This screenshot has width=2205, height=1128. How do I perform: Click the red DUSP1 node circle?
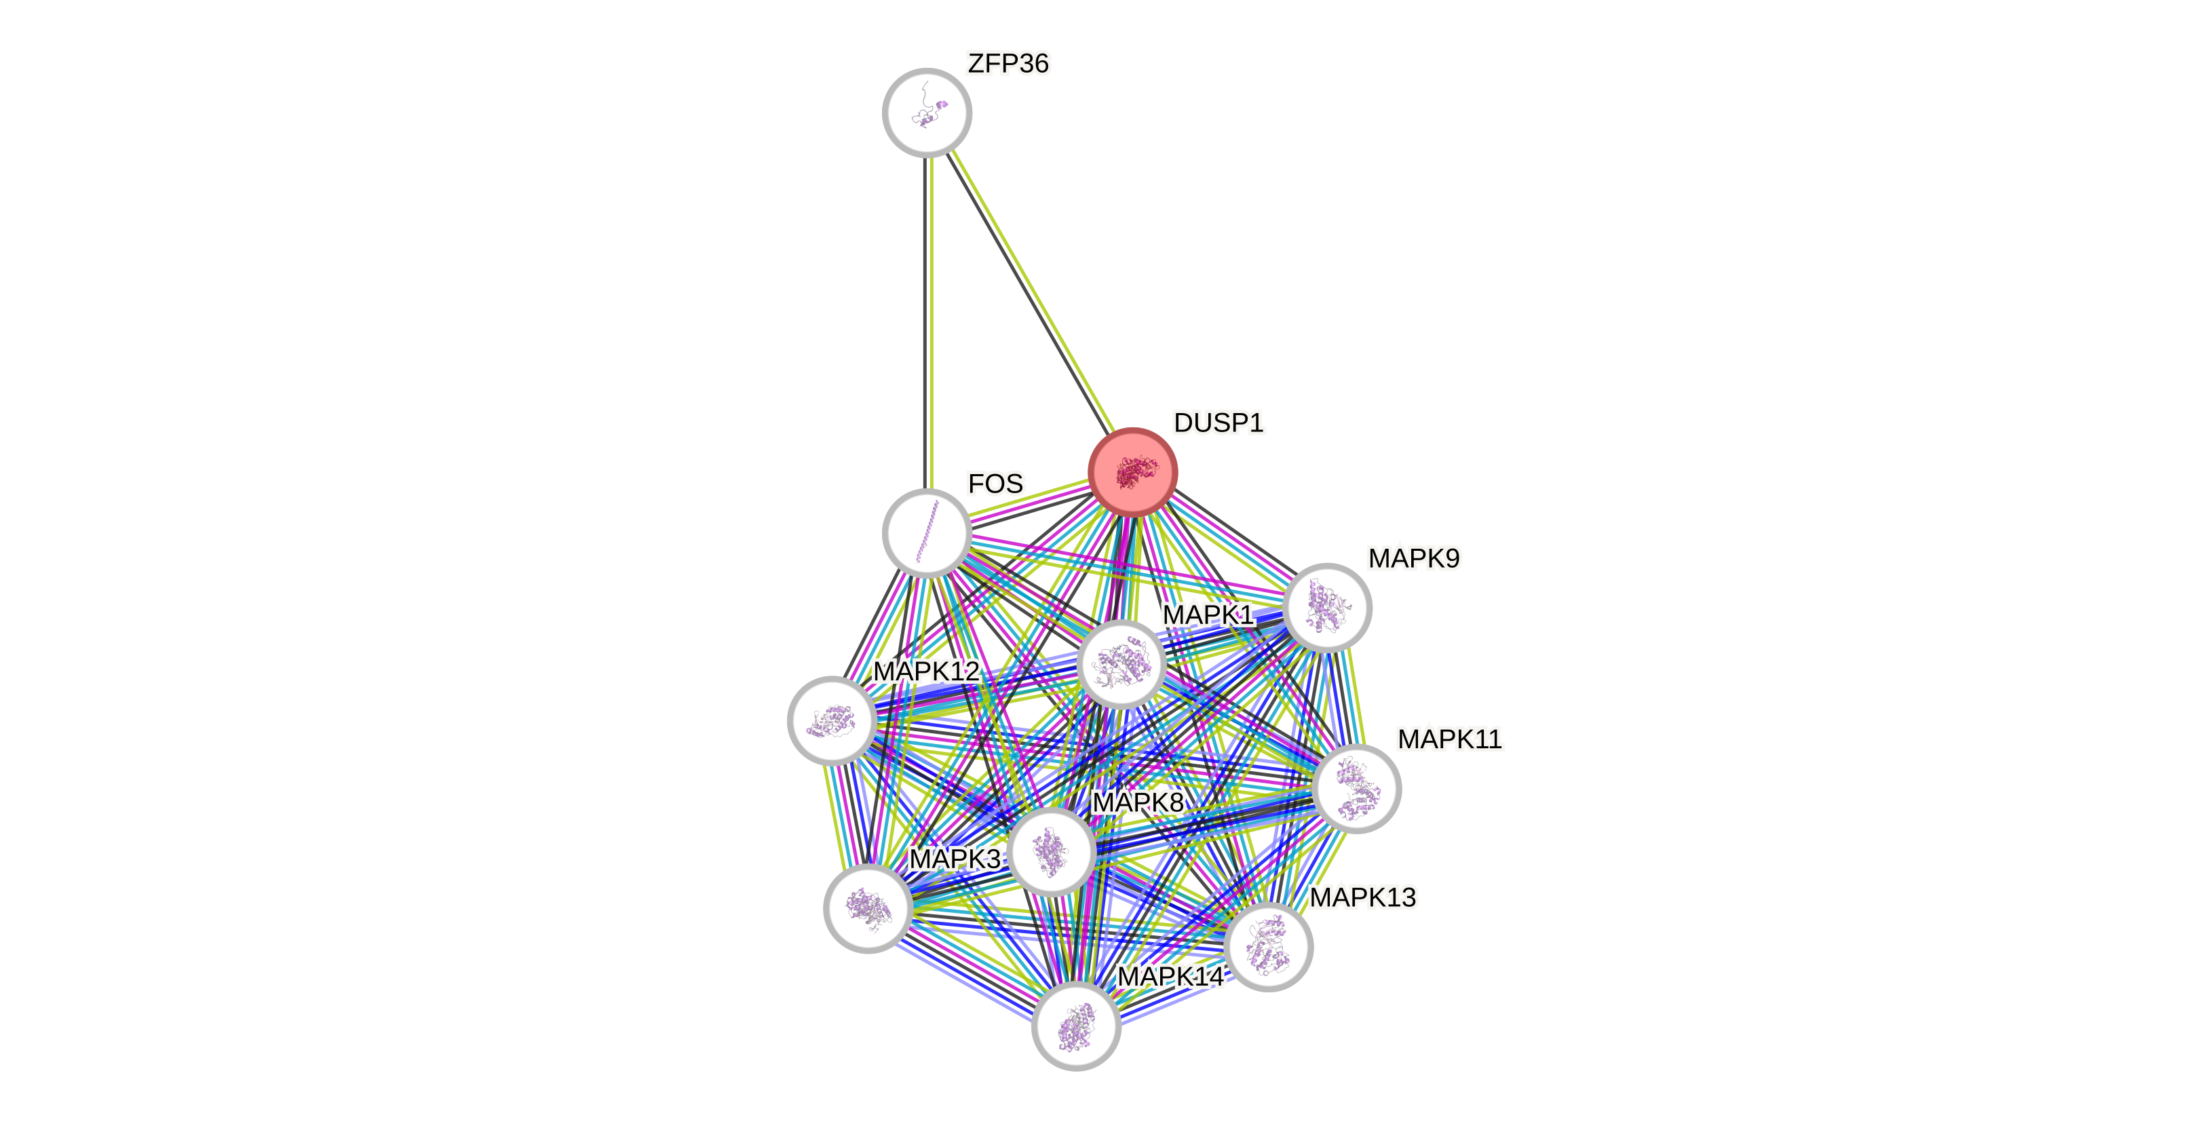(x=1132, y=472)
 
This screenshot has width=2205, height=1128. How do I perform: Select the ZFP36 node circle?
(x=927, y=112)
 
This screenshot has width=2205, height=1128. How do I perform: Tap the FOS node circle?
(x=927, y=532)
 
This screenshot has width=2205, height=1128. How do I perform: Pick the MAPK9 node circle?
(x=1328, y=608)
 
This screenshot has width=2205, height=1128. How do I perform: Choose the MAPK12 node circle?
(x=832, y=720)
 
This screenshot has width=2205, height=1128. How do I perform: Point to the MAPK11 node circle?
(x=1357, y=788)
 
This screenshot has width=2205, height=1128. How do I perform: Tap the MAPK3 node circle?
(x=868, y=908)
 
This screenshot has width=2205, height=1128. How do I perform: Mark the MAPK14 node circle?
(x=1076, y=1026)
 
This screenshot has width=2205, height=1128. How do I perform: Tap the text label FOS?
(x=995, y=484)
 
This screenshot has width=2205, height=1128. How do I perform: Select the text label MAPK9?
(x=1413, y=559)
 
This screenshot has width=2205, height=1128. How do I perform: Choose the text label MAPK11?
(x=1449, y=739)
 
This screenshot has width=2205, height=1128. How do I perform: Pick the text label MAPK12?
(x=925, y=671)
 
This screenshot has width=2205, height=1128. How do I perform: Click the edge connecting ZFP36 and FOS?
(x=930, y=325)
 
